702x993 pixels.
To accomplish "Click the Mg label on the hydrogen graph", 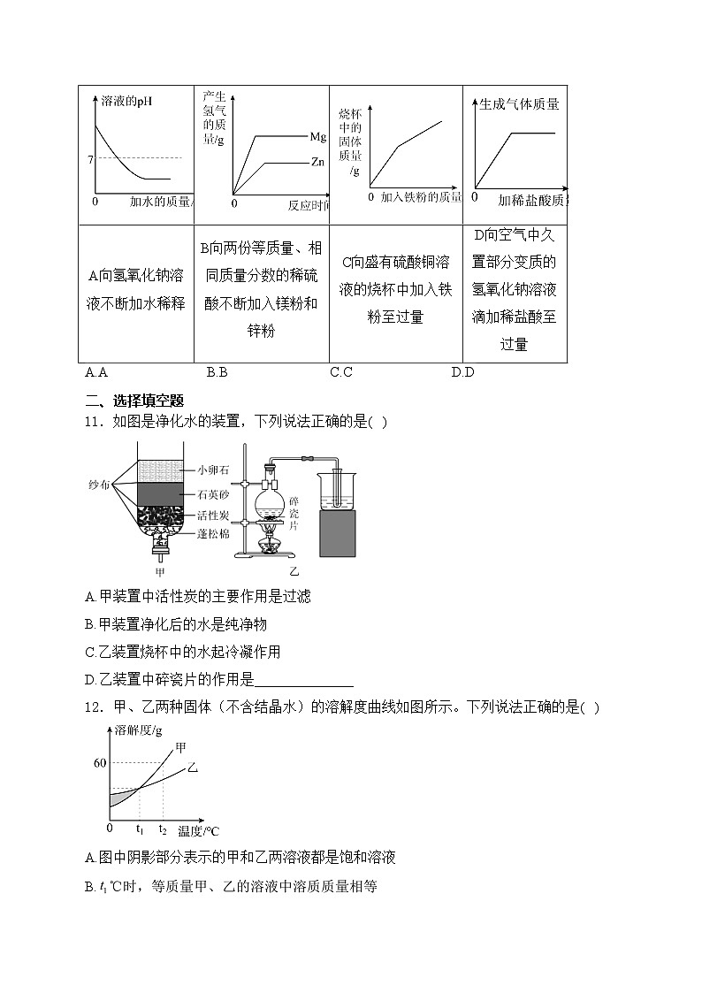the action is (x=318, y=137).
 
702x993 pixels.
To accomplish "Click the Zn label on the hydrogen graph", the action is (x=318, y=163).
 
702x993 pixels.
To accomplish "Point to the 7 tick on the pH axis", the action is (x=90, y=159).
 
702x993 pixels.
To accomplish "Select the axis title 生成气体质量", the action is (x=519, y=104).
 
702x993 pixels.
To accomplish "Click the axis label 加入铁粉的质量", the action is (x=420, y=196).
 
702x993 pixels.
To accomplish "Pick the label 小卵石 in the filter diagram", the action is (x=213, y=470).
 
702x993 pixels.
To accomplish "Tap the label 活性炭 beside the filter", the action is (x=213, y=514).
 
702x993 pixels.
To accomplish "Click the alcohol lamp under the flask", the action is (x=271, y=544).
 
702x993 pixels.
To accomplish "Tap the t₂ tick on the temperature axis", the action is (x=163, y=829).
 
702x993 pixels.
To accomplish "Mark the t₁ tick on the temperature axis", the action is (x=140, y=829).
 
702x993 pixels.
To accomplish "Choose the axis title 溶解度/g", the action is (x=138, y=729).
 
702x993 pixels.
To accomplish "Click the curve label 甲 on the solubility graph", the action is (x=181, y=748).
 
